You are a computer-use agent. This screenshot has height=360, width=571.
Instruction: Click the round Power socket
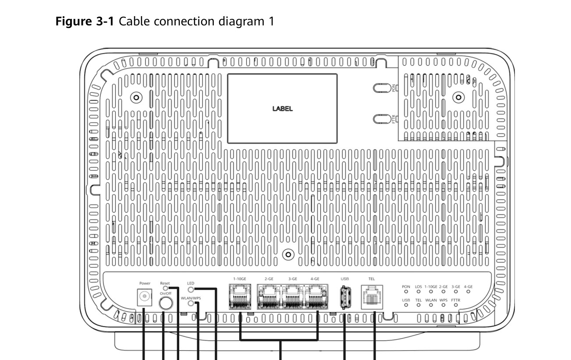143,298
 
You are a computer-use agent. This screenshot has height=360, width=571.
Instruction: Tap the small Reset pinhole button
165,288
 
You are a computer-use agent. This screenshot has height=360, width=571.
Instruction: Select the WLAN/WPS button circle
190,303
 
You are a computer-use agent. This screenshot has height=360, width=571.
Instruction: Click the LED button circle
190,289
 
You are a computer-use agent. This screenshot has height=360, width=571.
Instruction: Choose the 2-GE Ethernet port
269,296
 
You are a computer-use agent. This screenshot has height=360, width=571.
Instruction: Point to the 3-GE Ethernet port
293,296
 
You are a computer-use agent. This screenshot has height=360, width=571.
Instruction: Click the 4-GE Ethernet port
316,296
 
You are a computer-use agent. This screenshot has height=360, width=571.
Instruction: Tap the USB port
344,297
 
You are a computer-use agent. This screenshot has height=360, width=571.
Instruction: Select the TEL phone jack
371,297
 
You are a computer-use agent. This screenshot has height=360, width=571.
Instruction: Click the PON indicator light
406,291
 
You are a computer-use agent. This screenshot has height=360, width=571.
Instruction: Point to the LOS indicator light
418,291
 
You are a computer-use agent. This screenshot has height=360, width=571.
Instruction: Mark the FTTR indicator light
456,304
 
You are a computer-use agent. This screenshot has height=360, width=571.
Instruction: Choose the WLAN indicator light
431,304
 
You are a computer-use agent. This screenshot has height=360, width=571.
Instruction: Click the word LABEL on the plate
282,109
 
